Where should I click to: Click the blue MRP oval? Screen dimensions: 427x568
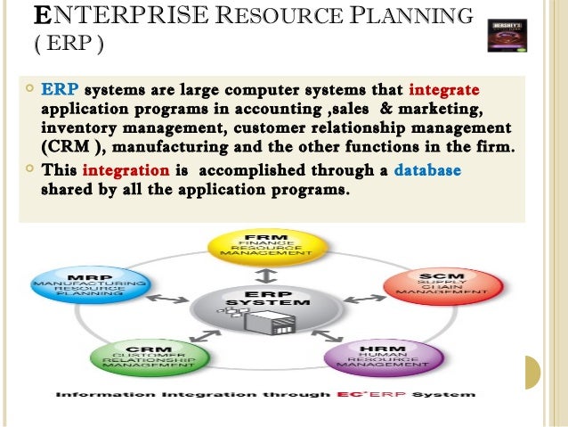point(90,281)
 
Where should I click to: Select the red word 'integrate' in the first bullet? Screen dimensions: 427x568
point(443,90)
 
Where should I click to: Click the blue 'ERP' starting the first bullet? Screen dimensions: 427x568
point(61,90)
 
